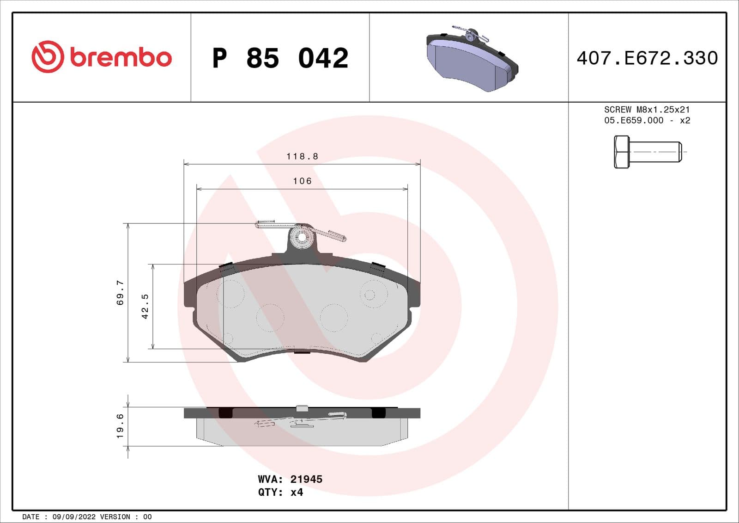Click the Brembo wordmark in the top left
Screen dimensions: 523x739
pos(121,57)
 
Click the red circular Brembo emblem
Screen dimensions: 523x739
pos(47,57)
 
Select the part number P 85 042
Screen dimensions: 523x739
pos(280,58)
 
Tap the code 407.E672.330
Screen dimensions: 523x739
pos(647,58)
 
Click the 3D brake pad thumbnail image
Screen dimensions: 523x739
pos(472,59)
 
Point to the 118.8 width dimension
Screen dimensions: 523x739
pos(302,156)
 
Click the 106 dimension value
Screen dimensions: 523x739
pos(302,181)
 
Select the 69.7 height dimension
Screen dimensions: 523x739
pos(120,292)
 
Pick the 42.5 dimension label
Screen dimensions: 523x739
pos(145,306)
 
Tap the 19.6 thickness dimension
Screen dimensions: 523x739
pos(120,426)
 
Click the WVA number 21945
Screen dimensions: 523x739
pos(306,479)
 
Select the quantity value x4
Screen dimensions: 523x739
pos(297,492)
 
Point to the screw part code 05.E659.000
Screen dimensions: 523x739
pos(634,120)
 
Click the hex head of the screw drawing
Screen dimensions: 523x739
pos(621,152)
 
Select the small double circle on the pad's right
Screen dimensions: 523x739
pos(369,295)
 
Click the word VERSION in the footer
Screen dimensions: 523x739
pos(115,517)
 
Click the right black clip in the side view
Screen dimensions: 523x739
pos(378,412)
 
